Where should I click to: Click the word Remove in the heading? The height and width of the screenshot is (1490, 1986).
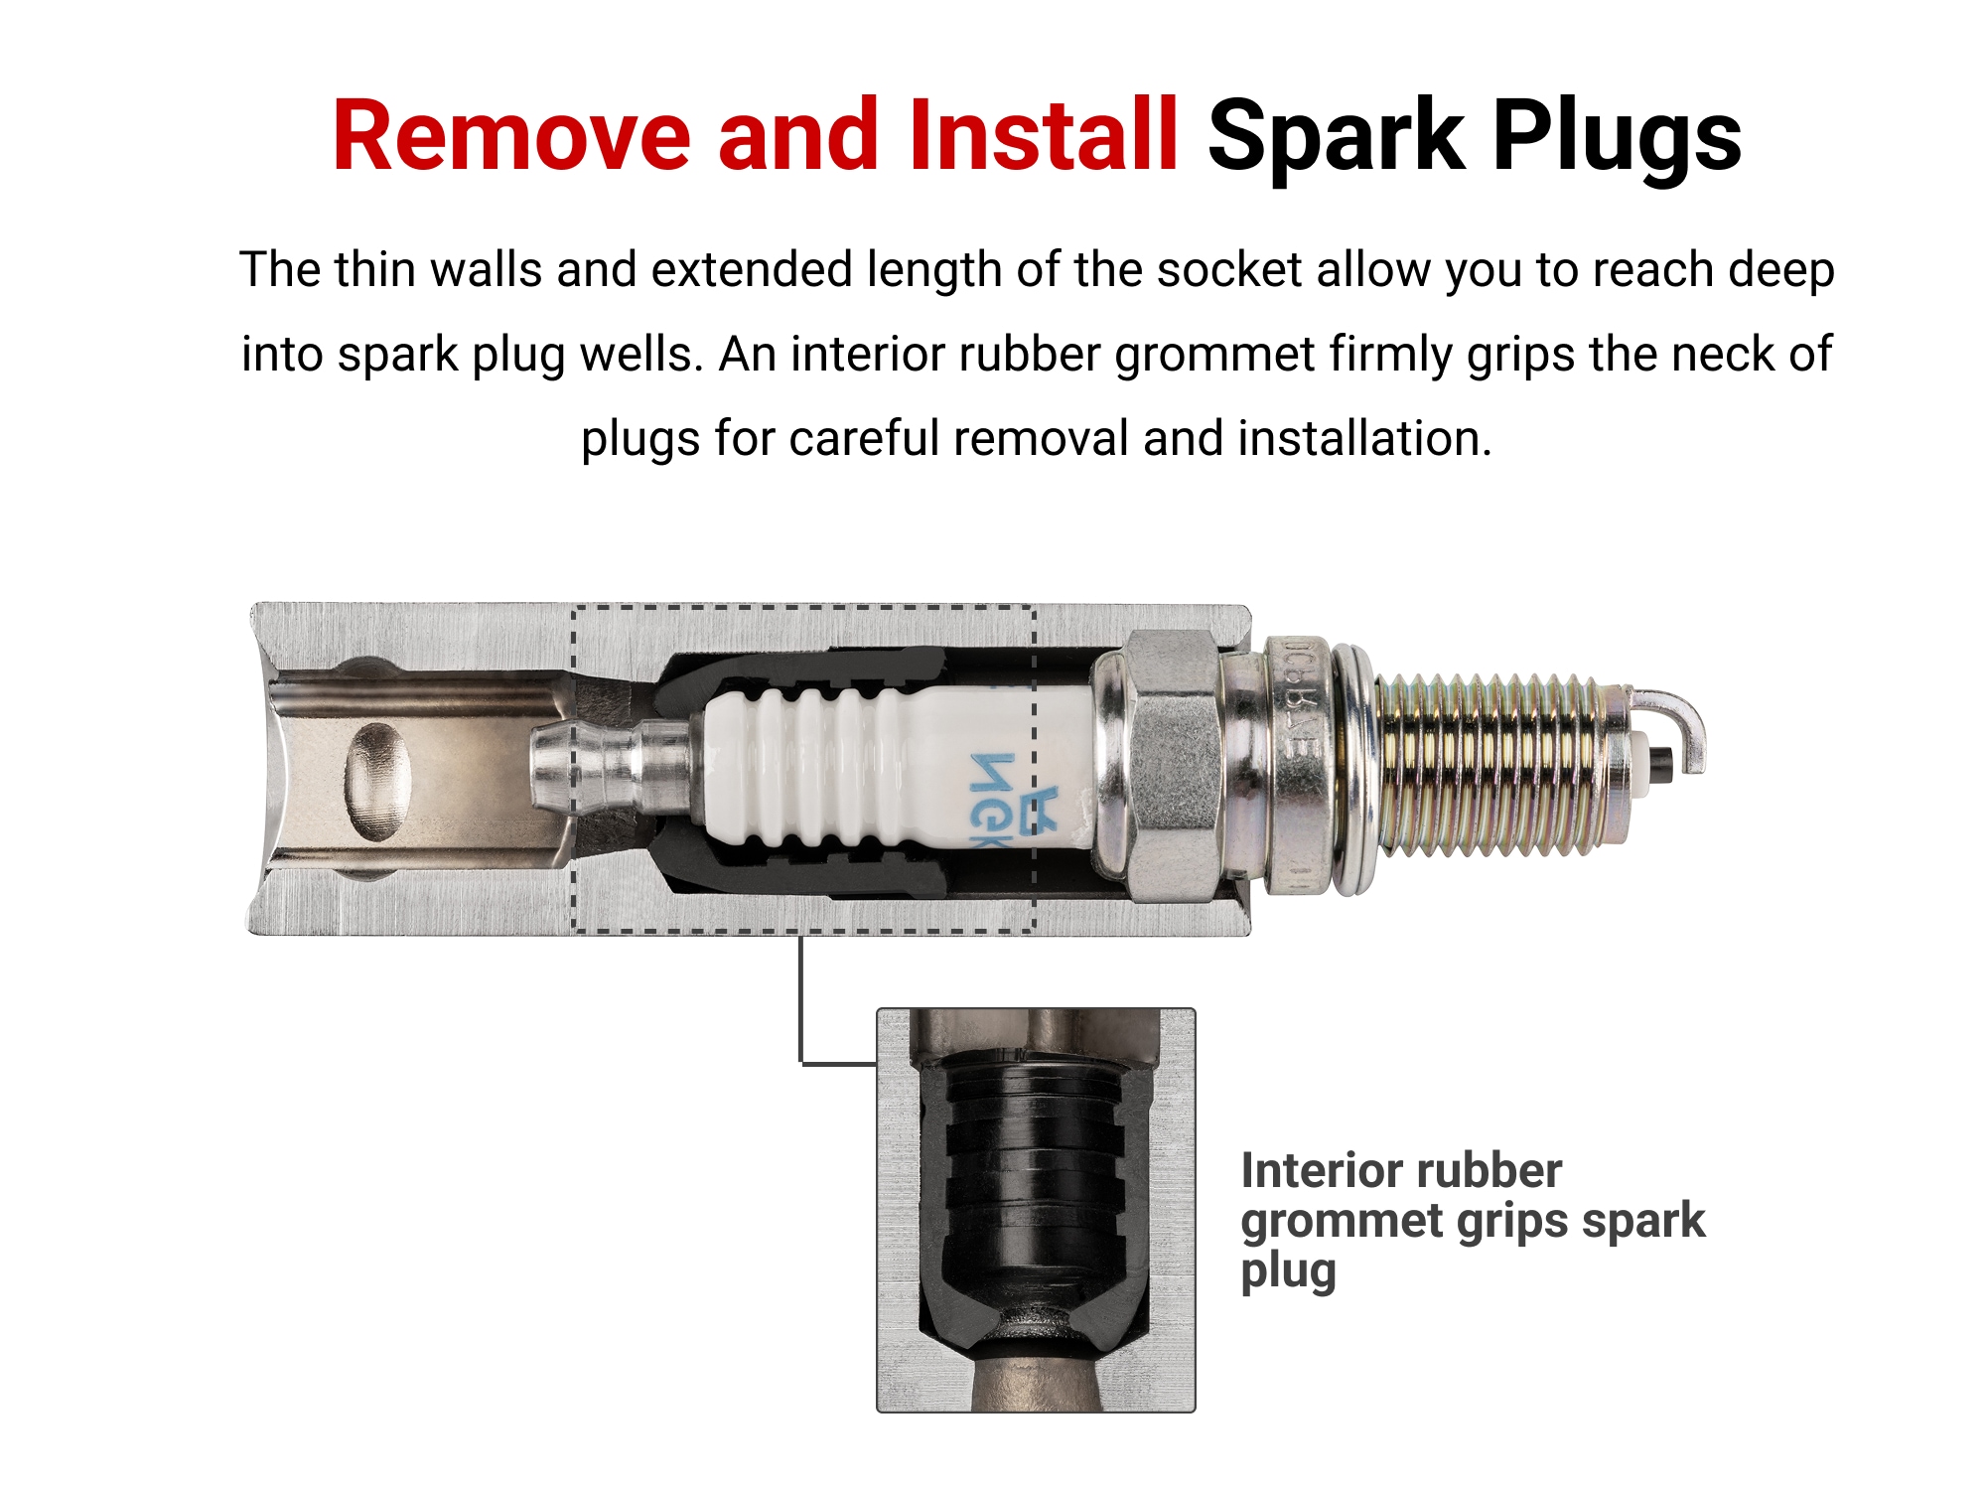coord(511,136)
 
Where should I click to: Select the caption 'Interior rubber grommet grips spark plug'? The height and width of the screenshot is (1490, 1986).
coord(1473,1222)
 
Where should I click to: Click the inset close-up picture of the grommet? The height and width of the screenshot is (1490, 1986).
coord(1036,1210)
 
